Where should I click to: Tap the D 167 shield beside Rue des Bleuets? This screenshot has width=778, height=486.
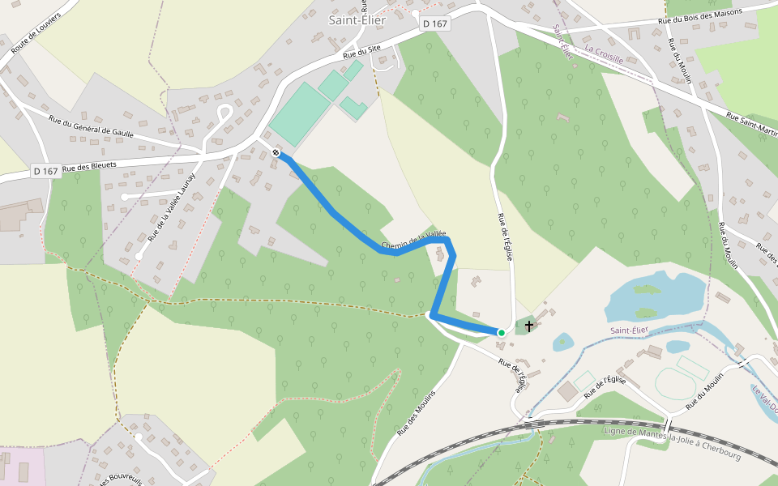46,171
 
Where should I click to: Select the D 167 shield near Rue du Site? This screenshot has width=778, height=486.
435,24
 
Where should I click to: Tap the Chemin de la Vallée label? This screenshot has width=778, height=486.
413,241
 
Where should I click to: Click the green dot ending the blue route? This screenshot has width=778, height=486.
501,332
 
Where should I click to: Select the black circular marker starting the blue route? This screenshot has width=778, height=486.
276,152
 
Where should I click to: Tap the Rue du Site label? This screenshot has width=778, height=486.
361,52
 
